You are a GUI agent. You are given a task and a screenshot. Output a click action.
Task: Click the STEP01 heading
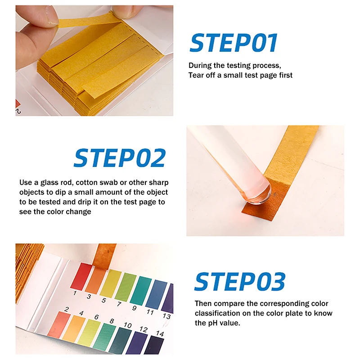(x=234, y=43)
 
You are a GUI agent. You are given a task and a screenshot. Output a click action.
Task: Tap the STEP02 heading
(x=120, y=158)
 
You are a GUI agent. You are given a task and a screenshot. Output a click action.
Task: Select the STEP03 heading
(x=240, y=282)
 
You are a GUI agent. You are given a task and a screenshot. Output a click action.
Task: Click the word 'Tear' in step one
(x=196, y=75)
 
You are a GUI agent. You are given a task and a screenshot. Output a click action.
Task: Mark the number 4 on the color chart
(x=81, y=313)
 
